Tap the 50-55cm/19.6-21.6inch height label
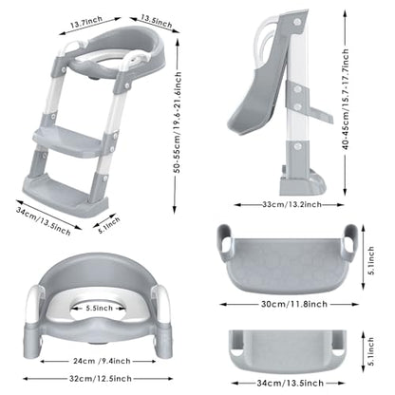[178, 122]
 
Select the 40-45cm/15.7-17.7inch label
[346, 99]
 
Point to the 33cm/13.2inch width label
[292, 204]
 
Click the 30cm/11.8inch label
[294, 304]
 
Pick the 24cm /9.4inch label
[102, 361]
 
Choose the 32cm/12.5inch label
[101, 378]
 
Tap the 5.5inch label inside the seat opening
[100, 308]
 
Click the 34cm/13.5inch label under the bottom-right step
[291, 383]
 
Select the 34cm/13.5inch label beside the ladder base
[44, 220]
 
